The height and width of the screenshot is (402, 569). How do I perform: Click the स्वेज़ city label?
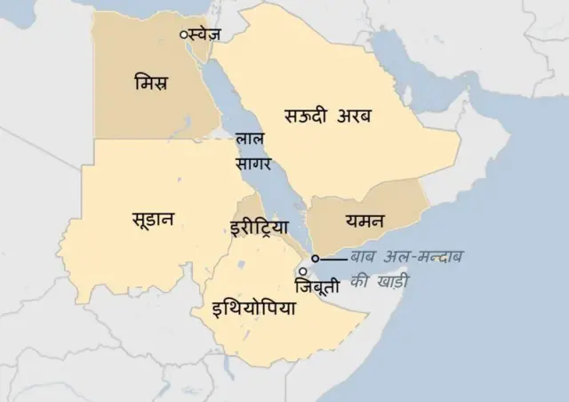coord(205,34)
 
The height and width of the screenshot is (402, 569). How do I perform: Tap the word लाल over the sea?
coord(249,141)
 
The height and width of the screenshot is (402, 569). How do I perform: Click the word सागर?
coord(253,163)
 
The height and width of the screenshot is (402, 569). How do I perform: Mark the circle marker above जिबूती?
coord(303,271)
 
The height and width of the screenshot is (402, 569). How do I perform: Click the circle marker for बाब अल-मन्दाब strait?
coord(315,259)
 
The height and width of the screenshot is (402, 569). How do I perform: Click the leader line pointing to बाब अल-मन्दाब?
coord(333,259)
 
